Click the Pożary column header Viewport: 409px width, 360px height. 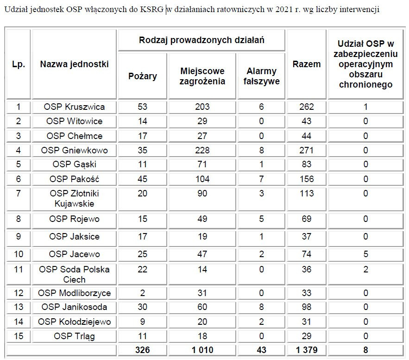(x=142, y=76)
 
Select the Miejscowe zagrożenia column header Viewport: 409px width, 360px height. (x=202, y=76)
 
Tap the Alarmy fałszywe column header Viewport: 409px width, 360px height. (x=261, y=76)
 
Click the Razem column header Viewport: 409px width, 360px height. (x=306, y=64)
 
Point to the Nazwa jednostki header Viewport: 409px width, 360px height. (x=74, y=64)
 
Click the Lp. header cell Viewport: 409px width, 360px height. (x=18, y=64)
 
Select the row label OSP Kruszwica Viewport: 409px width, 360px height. (x=74, y=107)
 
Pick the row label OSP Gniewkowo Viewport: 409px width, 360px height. (x=74, y=150)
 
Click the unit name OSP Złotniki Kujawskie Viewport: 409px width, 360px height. (x=74, y=198)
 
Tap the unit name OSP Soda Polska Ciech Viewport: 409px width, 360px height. (x=74, y=274)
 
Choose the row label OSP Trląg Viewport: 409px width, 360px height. (x=74, y=336)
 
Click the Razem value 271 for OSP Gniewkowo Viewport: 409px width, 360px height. (x=306, y=150)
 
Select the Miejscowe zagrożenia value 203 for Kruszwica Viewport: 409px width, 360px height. (x=202, y=107)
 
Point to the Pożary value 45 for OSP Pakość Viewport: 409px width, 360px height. (x=142, y=179)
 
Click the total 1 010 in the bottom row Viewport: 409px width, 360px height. (x=202, y=350)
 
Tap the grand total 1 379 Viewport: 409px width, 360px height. (x=306, y=350)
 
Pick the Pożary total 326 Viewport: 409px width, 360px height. (x=142, y=350)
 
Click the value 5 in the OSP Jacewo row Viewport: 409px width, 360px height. (x=365, y=254)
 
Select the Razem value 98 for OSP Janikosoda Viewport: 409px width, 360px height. (x=306, y=307)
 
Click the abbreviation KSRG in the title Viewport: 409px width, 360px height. (x=151, y=10)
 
